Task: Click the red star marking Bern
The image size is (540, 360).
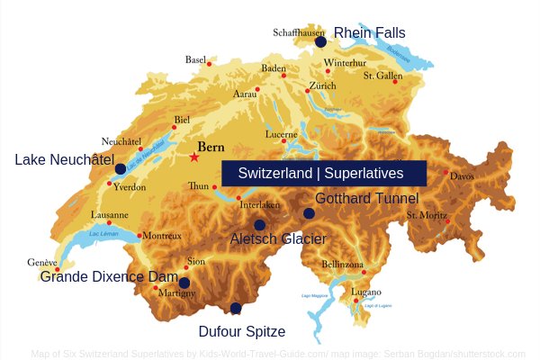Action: tap(194, 157)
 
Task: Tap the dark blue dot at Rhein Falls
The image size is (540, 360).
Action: tap(320, 41)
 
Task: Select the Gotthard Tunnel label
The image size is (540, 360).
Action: tap(366, 198)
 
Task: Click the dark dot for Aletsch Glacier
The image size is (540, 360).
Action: tap(259, 225)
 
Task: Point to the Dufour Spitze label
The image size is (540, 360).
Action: tap(241, 332)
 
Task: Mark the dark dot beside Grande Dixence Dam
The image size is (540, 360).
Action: tap(184, 283)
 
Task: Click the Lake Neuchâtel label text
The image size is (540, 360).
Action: tap(64, 159)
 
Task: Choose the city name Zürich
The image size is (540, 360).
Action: tap(321, 86)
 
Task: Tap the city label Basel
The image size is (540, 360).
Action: tap(195, 60)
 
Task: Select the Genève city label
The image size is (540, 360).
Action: tap(42, 263)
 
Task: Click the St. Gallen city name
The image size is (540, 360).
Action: tap(382, 76)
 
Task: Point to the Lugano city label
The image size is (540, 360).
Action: tap(366, 292)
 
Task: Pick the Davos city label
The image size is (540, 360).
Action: tap(462, 176)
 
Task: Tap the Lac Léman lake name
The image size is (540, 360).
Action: tap(105, 234)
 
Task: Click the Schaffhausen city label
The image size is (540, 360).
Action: tap(299, 32)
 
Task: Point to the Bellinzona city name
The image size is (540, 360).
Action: tap(343, 265)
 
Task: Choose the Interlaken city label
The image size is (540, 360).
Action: tap(260, 205)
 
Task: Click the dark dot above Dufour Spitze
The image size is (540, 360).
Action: tap(236, 308)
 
